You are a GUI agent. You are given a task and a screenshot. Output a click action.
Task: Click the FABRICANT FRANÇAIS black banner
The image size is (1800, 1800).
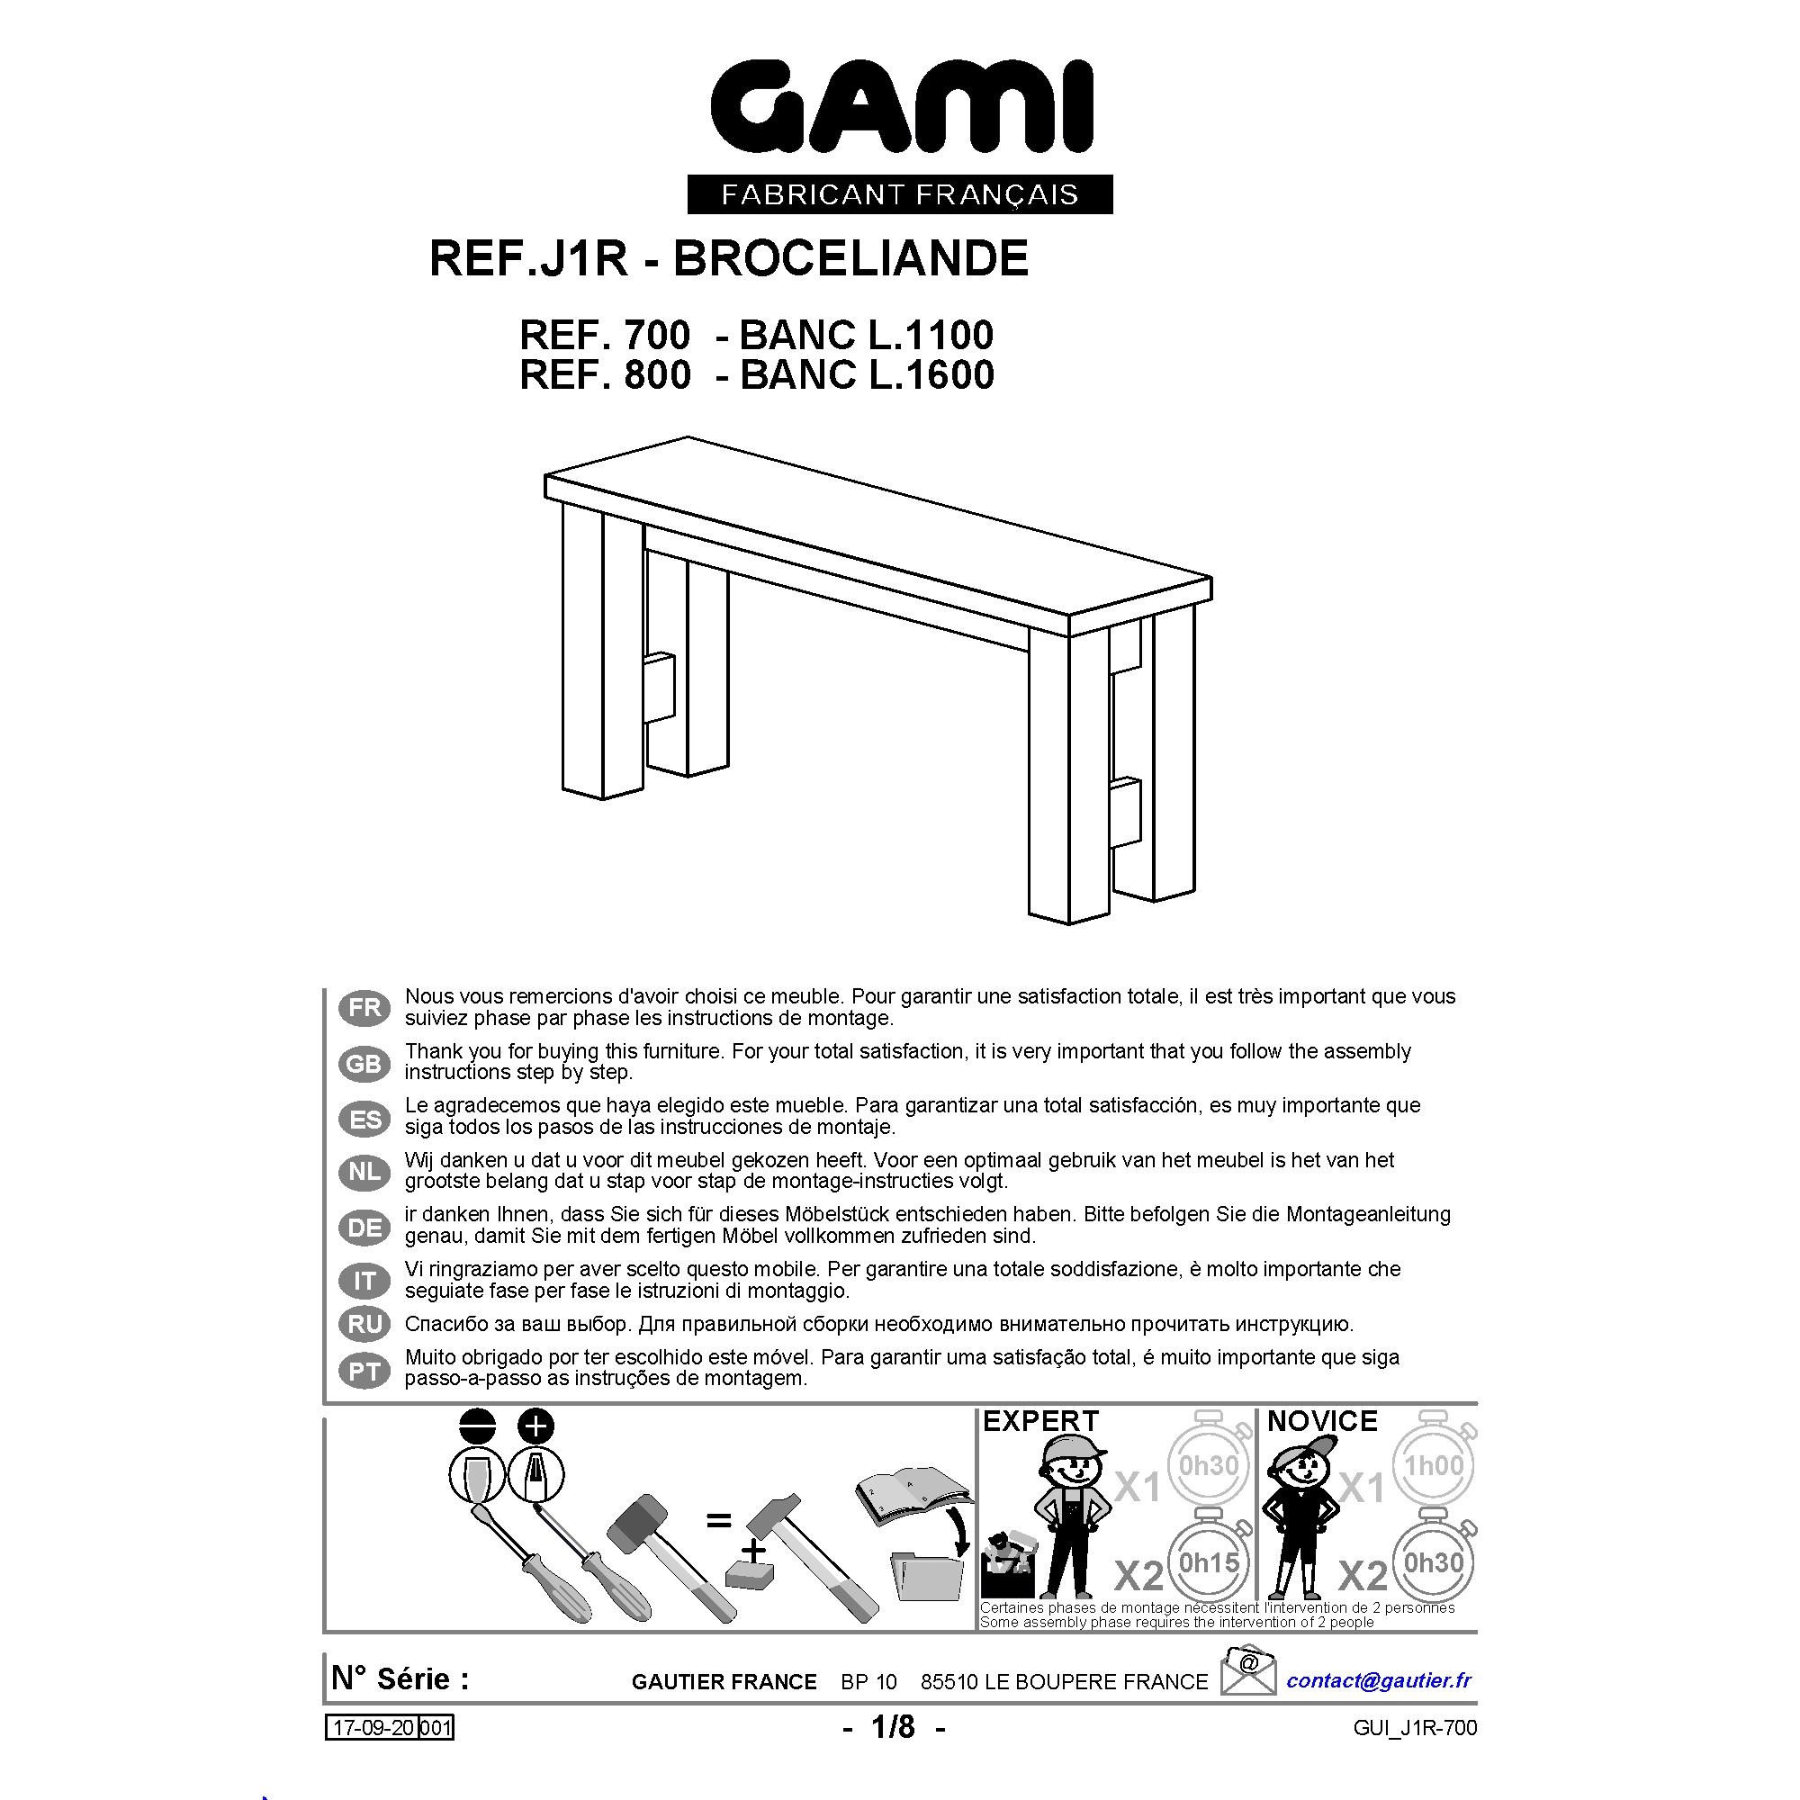pos(900,193)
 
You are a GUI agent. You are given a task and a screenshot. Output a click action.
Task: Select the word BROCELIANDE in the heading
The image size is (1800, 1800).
pos(850,258)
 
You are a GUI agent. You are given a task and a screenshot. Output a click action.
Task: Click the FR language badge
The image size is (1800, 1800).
pos(364,1008)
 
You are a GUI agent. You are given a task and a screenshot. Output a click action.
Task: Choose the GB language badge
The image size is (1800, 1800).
pos(364,1063)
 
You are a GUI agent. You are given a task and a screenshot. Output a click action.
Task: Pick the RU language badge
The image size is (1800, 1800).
pos(364,1324)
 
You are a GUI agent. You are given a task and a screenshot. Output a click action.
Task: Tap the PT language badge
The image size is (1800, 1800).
pos(364,1371)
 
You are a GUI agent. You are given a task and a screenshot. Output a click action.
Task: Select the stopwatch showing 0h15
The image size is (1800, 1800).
pos(1209,1562)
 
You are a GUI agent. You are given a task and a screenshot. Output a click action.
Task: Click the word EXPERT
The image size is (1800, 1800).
pos(1040,1421)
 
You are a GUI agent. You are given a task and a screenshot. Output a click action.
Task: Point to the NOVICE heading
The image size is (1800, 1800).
pos(1322,1421)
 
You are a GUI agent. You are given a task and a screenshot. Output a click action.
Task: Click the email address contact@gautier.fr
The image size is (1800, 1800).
pos(1379,1679)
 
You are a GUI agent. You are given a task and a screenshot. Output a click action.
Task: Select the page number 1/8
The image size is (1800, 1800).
pos(894,1727)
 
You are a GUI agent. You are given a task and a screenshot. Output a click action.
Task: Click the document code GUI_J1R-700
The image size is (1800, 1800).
pos(1415,1728)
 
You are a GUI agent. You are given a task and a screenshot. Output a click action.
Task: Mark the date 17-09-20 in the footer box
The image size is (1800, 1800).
pos(372,1728)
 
